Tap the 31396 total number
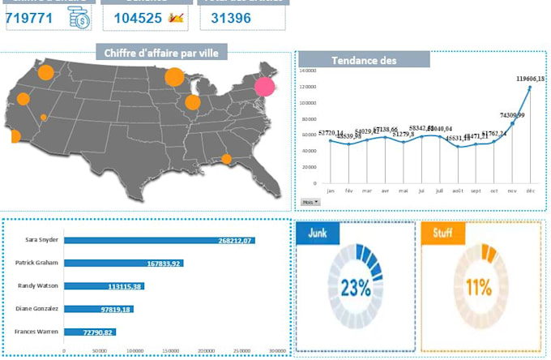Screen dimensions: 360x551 pos(230,17)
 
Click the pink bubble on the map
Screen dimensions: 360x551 pos(265,87)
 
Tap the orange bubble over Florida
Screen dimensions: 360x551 pos(226,159)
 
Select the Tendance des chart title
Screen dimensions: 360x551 pos(364,60)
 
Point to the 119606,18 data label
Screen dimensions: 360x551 pos(531,79)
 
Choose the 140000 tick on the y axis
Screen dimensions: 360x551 pos(307,71)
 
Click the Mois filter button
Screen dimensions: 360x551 pos(310,201)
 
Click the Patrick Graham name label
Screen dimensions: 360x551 pos(36,263)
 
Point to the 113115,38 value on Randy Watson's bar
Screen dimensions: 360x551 pos(125,286)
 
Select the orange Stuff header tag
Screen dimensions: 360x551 pos(442,234)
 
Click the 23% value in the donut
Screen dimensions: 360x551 pos(355,287)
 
